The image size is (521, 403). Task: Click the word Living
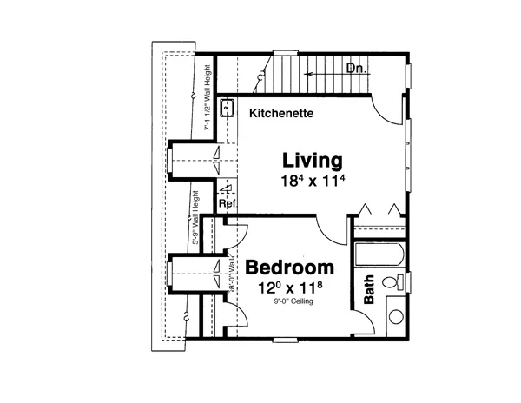point(311,162)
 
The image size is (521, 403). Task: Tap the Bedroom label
point(289,268)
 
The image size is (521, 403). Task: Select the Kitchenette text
point(281,114)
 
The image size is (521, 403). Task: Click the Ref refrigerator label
point(227,204)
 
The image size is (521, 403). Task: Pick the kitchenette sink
point(227,109)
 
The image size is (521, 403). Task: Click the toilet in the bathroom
point(398,281)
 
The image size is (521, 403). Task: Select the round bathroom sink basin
point(395,317)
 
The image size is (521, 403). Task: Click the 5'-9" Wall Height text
point(198,221)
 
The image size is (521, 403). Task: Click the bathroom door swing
point(366,323)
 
